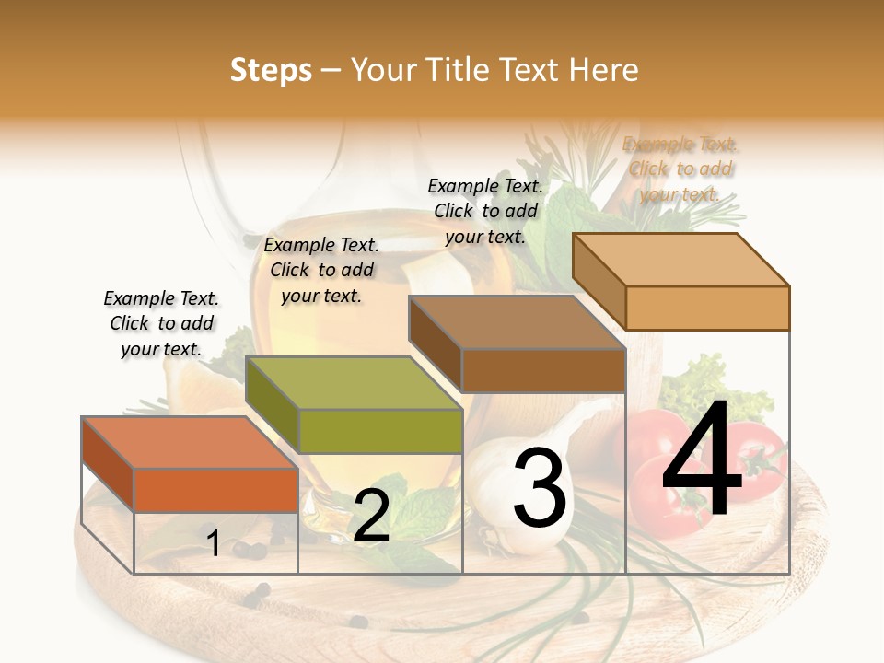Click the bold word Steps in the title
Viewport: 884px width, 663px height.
tap(271, 70)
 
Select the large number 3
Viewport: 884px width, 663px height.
tap(540, 488)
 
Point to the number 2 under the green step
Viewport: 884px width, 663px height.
tap(371, 517)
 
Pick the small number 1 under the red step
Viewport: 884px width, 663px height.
tap(214, 544)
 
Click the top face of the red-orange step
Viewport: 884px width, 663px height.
tap(190, 443)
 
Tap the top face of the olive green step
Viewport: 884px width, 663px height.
tap(354, 383)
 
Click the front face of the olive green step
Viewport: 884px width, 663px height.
tap(380, 432)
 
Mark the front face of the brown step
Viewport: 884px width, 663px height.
tap(543, 371)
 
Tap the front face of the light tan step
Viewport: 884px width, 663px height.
tap(707, 308)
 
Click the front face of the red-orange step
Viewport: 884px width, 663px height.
tap(215, 491)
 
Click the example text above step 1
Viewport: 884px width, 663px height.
tap(161, 324)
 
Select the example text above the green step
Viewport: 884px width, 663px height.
tap(321, 270)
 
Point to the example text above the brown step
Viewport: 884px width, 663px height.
tap(485, 211)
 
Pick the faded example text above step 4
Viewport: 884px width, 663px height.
tap(680, 169)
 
